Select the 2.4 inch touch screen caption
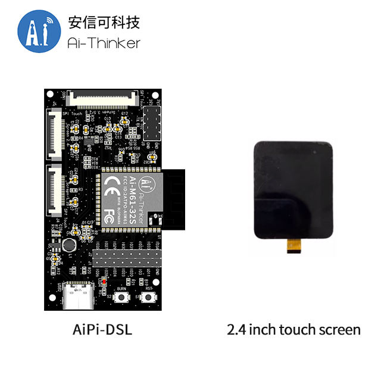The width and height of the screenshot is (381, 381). (x=293, y=329)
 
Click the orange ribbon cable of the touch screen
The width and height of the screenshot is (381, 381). (x=292, y=245)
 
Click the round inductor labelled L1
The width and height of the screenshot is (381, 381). (x=70, y=244)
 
